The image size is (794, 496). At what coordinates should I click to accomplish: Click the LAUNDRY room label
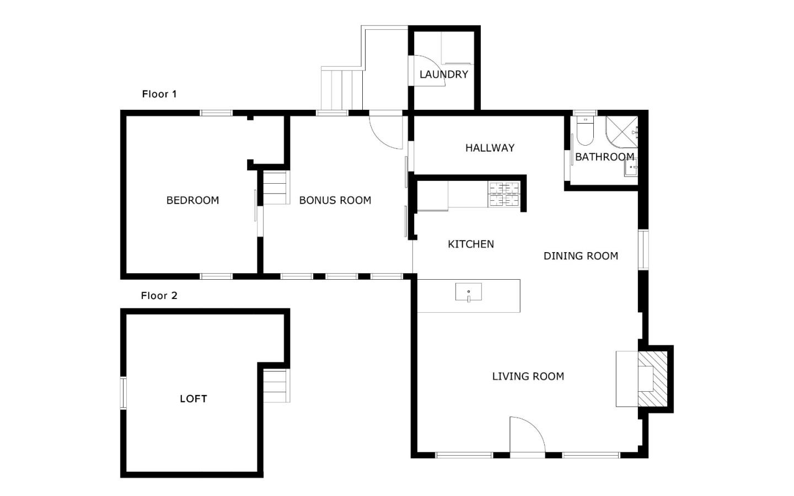pos(443,74)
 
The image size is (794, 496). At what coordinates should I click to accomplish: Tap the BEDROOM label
pos(192,200)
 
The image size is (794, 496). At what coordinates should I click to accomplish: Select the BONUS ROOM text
pos(335,200)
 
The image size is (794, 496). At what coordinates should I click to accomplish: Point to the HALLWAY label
pos(490,148)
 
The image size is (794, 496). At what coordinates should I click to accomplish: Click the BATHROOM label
pos(604,157)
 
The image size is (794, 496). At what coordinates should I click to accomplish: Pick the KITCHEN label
pos(470,244)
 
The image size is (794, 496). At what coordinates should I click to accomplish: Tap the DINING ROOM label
pos(581,256)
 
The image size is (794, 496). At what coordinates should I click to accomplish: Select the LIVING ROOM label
pos(528,376)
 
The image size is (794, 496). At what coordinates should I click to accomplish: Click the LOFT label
pos(193,399)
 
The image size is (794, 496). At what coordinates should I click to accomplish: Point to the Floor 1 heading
pos(159,94)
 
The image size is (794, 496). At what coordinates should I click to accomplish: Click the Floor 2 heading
pos(159,296)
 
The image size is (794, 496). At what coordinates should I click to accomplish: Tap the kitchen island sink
pos(468,292)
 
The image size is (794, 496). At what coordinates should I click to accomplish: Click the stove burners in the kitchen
pos(504,195)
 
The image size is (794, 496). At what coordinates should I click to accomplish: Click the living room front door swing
pos(526,436)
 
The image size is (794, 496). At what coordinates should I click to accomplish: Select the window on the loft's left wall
pos(124,393)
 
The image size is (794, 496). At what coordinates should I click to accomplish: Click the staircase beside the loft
pos(276,386)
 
